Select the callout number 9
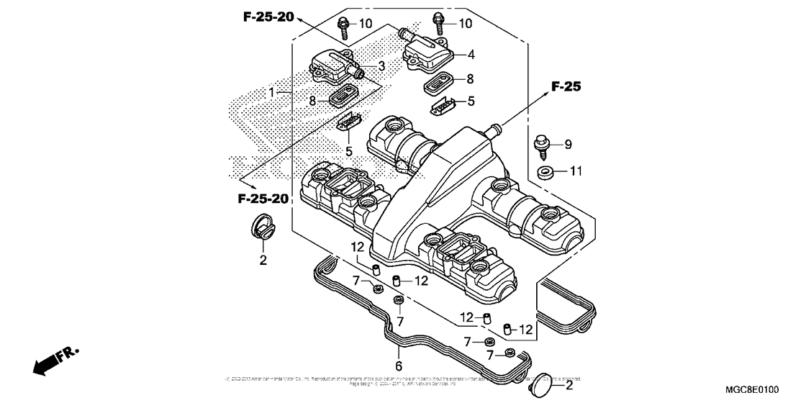568,145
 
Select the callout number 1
272,93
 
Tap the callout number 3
381,66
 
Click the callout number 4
470,54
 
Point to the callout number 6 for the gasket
398,353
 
